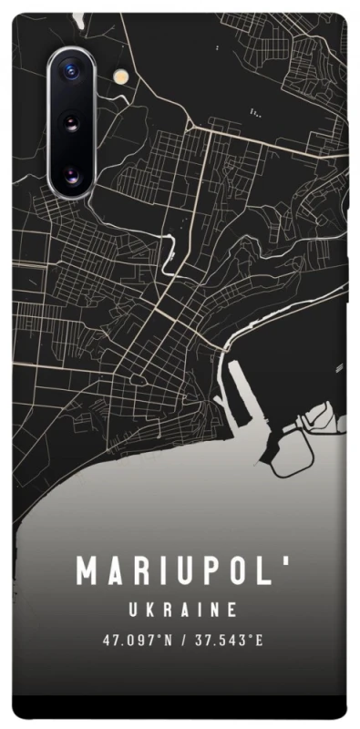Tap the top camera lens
pyautogui.click(x=71, y=71)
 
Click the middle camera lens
pyautogui.click(x=71, y=122)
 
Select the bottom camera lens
pyautogui.click(x=71, y=171)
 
